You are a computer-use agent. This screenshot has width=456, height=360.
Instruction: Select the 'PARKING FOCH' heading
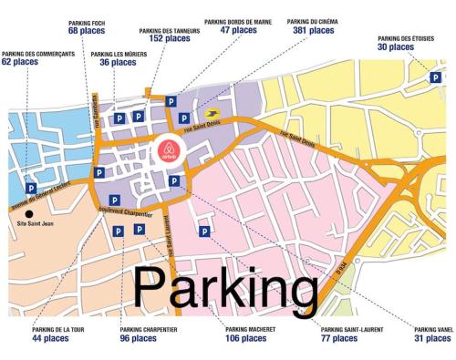(87, 20)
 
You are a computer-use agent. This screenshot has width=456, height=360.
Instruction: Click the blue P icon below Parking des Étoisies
(437, 78)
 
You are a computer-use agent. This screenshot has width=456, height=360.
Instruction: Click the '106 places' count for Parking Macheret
(245, 338)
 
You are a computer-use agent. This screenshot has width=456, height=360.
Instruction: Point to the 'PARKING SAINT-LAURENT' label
(352, 329)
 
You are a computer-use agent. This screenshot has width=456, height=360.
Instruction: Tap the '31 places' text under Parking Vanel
(432, 338)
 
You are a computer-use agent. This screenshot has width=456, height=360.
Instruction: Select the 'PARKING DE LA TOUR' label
(51, 329)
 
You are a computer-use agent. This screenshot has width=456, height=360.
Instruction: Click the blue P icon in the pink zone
(204, 231)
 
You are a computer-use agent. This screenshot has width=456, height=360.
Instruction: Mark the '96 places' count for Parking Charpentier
(138, 338)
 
